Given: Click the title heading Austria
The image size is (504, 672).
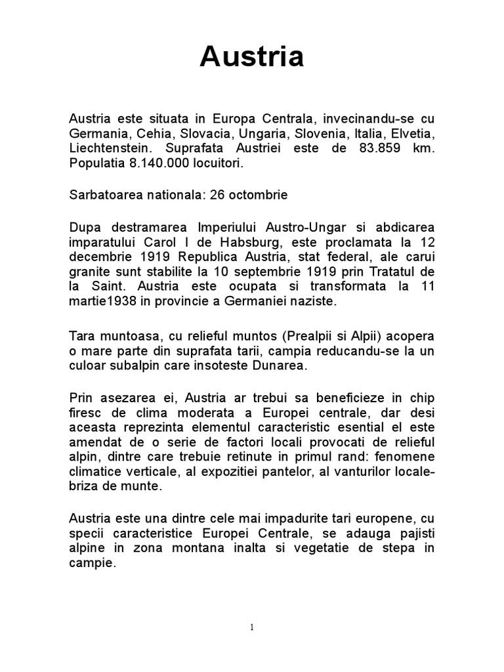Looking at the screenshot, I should pyautogui.click(x=252, y=57).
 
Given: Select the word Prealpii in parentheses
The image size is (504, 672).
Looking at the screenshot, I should pyautogui.click(x=304, y=336).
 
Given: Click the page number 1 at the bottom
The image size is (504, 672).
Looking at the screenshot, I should pyautogui.click(x=252, y=627).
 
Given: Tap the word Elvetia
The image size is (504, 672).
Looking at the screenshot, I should pyautogui.click(x=412, y=134).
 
